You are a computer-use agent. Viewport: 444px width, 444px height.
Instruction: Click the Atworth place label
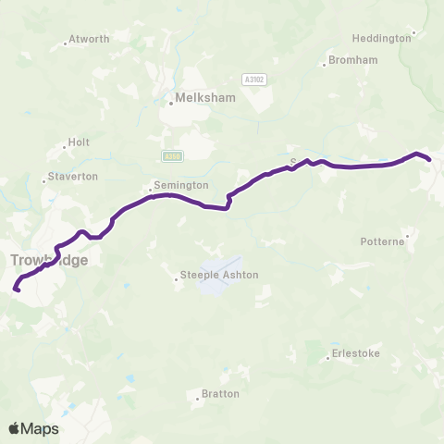90,39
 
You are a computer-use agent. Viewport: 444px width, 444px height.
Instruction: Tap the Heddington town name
381,39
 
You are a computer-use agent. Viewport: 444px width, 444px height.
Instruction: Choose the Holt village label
79,143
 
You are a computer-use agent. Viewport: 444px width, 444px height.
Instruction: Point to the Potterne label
382,241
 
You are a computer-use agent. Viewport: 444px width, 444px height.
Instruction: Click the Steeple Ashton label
219,275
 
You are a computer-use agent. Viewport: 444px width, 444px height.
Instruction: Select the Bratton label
220,394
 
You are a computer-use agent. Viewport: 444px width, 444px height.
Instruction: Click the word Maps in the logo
40,428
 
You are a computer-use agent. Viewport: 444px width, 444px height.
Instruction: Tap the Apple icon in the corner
14,428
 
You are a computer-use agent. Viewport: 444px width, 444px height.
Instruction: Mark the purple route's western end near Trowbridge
17,290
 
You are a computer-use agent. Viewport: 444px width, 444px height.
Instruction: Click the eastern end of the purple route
429,160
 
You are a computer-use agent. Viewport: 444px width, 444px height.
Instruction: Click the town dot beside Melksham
170,104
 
